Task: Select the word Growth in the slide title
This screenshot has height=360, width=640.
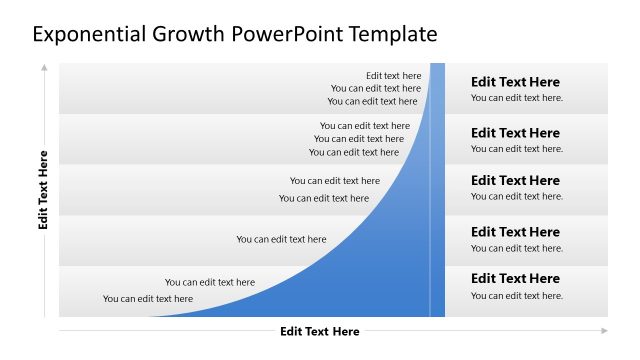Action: click(190, 34)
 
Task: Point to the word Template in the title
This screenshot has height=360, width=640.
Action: click(392, 34)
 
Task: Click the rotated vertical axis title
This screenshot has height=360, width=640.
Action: click(43, 190)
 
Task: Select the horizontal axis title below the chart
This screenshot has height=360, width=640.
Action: click(319, 332)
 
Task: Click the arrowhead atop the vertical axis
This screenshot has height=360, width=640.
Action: click(44, 68)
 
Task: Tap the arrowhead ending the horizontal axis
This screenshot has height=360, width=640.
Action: click(603, 330)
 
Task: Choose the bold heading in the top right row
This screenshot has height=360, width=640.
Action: click(515, 82)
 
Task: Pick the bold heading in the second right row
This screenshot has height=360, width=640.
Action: click(515, 133)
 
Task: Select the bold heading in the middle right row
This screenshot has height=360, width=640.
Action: click(515, 180)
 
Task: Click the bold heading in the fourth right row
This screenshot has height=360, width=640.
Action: click(515, 232)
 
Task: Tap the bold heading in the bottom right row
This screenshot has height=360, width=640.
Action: click(515, 278)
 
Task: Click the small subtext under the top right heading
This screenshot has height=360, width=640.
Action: click(517, 98)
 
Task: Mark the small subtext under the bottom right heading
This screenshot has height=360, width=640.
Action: click(517, 296)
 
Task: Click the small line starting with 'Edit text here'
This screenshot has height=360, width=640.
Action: click(393, 75)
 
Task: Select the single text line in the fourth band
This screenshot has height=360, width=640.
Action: click(281, 239)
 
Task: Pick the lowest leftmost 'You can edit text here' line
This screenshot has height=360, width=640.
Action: click(148, 298)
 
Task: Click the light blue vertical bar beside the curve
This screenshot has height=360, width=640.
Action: click(437, 190)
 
